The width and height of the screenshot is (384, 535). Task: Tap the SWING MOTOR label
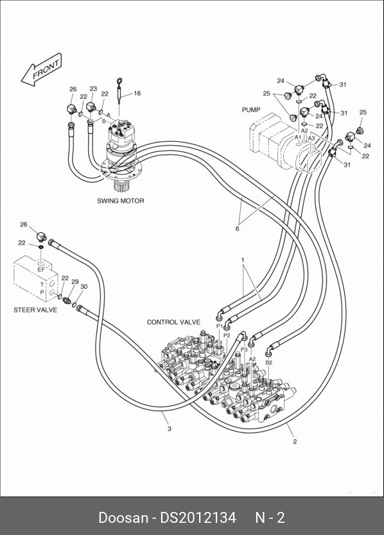pyautogui.click(x=121, y=201)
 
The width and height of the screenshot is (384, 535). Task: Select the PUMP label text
pyautogui.click(x=251, y=110)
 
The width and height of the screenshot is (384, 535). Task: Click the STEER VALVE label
pyautogui.click(x=35, y=310)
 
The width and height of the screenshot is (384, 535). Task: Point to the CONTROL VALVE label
pyautogui.click(x=173, y=322)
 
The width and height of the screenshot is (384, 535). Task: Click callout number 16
pyautogui.click(x=137, y=94)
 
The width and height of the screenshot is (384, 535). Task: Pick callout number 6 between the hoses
pyautogui.click(x=238, y=229)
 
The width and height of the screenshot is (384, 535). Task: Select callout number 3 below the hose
pyautogui.click(x=170, y=429)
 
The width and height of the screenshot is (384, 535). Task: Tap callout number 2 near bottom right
pyautogui.click(x=295, y=441)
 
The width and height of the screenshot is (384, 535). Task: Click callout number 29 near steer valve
pyautogui.click(x=75, y=282)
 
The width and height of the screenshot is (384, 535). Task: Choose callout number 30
pyautogui.click(x=83, y=287)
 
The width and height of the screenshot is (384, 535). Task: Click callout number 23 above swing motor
pyautogui.click(x=93, y=89)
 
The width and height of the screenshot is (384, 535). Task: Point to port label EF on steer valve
pyautogui.click(x=41, y=269)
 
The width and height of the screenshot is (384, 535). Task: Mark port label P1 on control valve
pyautogui.click(x=220, y=327)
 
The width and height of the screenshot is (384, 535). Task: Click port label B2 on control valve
pyautogui.click(x=269, y=362)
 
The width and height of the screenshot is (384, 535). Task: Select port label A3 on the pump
pyautogui.click(x=311, y=139)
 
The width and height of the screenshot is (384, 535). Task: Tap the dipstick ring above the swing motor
pyautogui.click(x=119, y=81)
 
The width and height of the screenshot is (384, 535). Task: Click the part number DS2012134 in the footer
pyautogui.click(x=198, y=518)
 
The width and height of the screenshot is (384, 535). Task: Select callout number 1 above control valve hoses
pyautogui.click(x=243, y=260)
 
